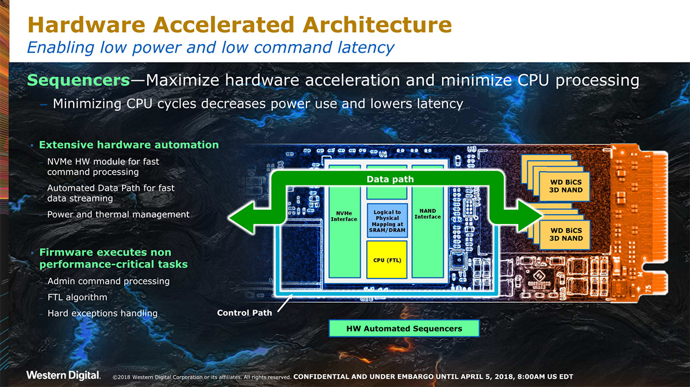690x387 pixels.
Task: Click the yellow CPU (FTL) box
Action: (386, 260)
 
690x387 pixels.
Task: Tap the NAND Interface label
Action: (427, 214)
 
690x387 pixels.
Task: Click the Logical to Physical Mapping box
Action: (386, 222)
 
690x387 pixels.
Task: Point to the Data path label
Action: (390, 179)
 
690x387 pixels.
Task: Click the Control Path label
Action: (244, 313)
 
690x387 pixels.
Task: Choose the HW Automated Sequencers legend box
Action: (404, 328)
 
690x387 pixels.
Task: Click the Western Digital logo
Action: (63, 376)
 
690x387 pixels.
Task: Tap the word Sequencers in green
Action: (78, 80)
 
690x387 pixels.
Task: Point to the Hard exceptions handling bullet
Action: (102, 314)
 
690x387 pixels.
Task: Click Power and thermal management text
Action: (118, 214)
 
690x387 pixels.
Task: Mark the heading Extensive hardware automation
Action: (129, 145)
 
